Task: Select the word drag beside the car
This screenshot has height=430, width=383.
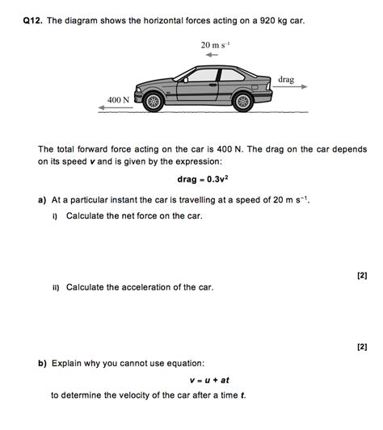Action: click(x=286, y=79)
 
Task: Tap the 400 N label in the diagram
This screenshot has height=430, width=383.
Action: click(x=118, y=100)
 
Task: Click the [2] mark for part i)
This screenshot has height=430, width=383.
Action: click(x=361, y=276)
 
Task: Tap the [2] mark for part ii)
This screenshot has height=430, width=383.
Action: click(x=361, y=347)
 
